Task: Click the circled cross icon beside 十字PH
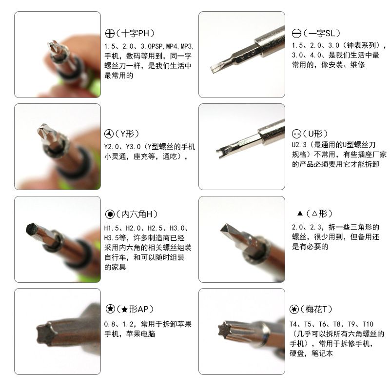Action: tap(110, 33)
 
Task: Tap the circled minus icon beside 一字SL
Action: tap(296, 33)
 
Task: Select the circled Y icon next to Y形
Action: tap(109, 134)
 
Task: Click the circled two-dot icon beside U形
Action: tap(296, 134)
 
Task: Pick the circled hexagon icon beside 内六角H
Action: tap(110, 214)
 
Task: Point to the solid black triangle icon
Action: tap(300, 213)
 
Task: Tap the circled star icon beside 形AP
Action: tap(110, 309)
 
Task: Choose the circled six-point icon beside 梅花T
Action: tap(294, 309)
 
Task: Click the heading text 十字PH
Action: tap(136, 33)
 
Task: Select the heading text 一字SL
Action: tap(322, 33)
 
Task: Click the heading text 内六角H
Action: tap(136, 214)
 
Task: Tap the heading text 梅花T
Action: tap(316, 309)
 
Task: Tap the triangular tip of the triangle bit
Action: tap(225, 228)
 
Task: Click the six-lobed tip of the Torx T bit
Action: tap(225, 330)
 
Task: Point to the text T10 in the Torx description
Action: tap(368, 324)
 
